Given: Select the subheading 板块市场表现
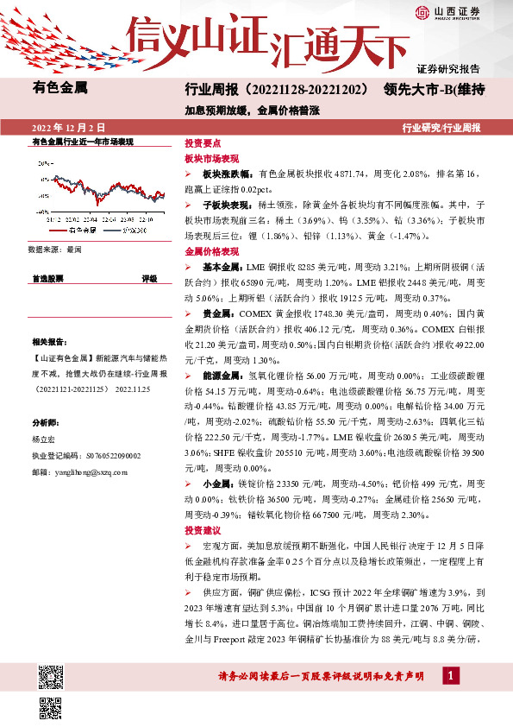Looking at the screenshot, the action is pos(211,159).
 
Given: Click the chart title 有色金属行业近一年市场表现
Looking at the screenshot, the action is pos(82,140).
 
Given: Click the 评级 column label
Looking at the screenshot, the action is pos(149,279).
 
